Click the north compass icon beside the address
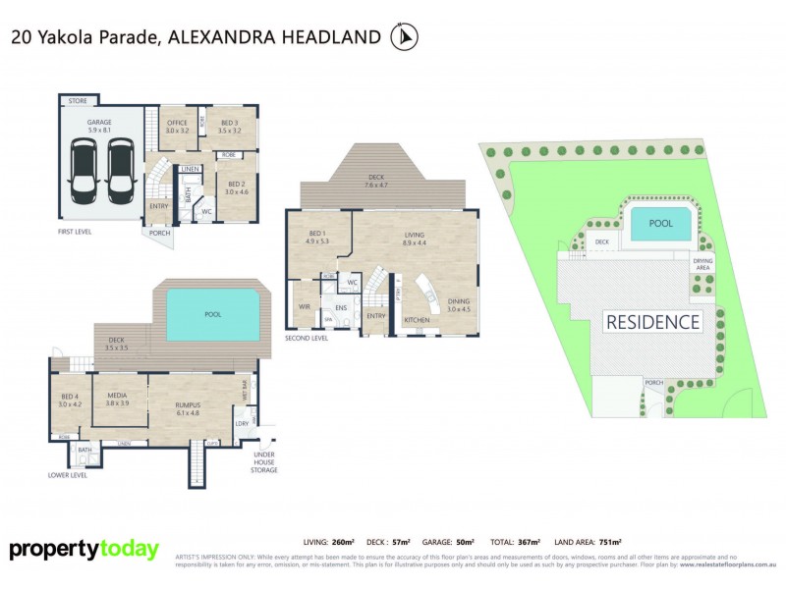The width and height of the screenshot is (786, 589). click(x=404, y=37)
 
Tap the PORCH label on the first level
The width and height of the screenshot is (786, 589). click(x=158, y=234)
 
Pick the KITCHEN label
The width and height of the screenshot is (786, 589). click(x=417, y=321)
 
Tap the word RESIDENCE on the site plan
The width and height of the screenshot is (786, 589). click(x=652, y=322)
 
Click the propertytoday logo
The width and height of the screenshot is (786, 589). click(x=84, y=549)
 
